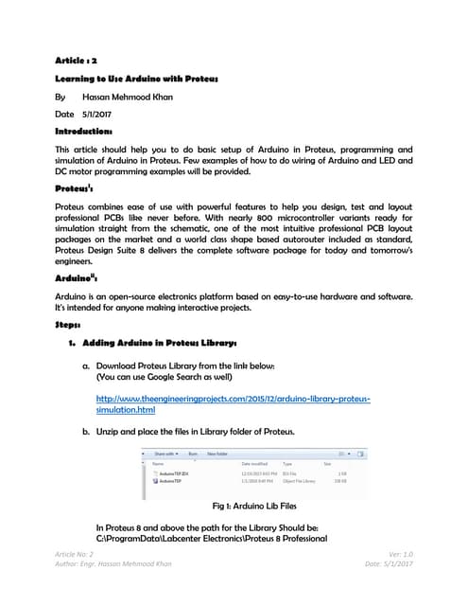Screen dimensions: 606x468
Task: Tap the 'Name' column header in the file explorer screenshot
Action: (159, 463)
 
